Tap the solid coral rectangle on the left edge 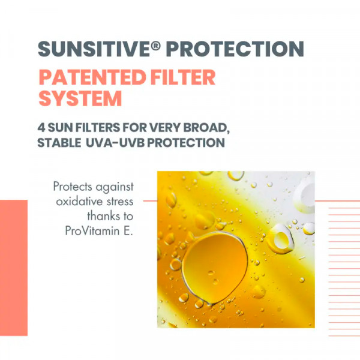[x=14, y=268]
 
